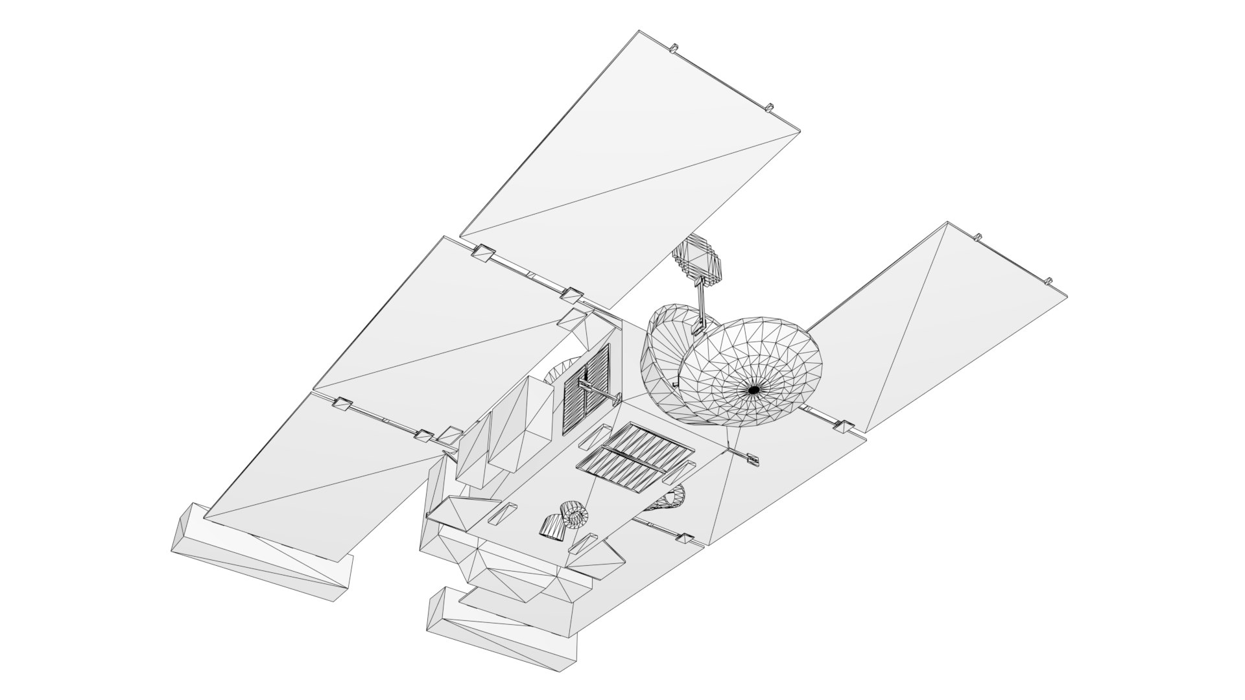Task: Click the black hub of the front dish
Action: click(754, 390)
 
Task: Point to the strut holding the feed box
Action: click(702, 305)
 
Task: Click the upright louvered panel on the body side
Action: click(585, 389)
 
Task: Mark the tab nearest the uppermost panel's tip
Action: click(673, 47)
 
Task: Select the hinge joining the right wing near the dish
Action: click(844, 426)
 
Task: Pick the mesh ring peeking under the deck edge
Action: click(672, 498)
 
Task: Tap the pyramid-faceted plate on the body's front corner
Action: click(457, 512)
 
